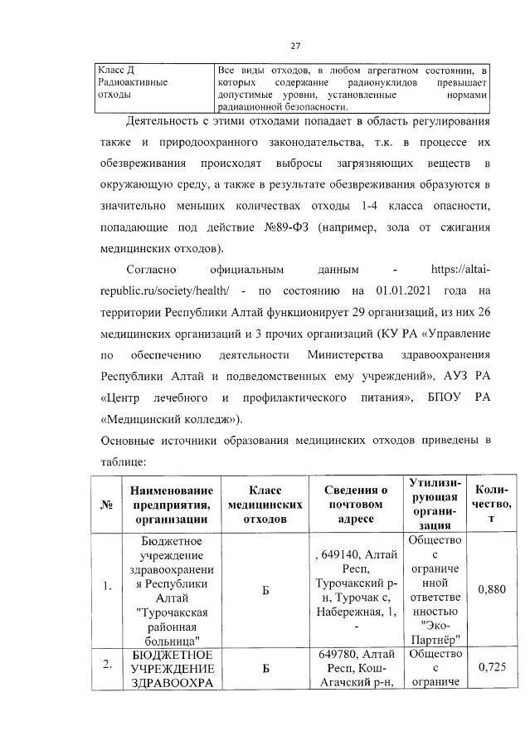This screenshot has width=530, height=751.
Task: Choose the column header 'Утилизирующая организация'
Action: coord(428,503)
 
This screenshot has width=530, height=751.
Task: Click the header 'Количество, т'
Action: coord(489,503)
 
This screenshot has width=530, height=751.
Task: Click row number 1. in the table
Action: coord(107,589)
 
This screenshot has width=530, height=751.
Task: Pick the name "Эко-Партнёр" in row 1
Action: coord(428,633)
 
